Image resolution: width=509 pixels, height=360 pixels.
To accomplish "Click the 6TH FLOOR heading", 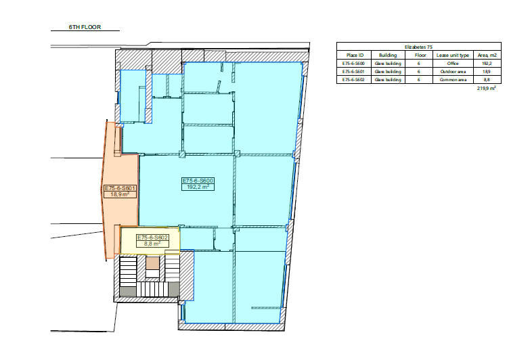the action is pyautogui.click(x=85, y=27).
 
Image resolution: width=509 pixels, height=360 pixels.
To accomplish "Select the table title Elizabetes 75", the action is pyautogui.click(x=418, y=47).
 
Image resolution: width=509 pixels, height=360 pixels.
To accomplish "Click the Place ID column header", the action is pyautogui.click(x=355, y=55).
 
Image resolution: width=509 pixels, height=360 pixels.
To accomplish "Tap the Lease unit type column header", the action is pyautogui.click(x=453, y=55).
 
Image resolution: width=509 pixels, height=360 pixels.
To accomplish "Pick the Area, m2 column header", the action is pyautogui.click(x=487, y=55).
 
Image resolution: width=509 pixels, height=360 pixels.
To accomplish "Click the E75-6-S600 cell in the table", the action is pyautogui.click(x=353, y=64).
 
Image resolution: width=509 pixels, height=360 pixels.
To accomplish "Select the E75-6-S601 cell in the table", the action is pyautogui.click(x=353, y=72).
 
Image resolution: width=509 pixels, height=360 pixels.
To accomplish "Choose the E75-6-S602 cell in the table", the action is pyautogui.click(x=353, y=80).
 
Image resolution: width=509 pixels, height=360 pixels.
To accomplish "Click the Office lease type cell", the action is pyautogui.click(x=453, y=64).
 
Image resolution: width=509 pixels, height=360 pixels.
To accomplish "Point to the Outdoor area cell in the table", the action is pyautogui.click(x=453, y=72).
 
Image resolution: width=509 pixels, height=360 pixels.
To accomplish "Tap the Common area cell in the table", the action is pyautogui.click(x=453, y=80).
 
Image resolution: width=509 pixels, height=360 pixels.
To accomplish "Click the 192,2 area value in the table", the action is pyautogui.click(x=487, y=64).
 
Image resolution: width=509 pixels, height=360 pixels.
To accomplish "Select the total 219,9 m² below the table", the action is pyautogui.click(x=486, y=88).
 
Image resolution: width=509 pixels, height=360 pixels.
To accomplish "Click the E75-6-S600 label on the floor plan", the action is pyautogui.click(x=198, y=181).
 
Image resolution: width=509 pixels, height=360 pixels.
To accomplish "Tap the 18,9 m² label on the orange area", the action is pyautogui.click(x=120, y=194).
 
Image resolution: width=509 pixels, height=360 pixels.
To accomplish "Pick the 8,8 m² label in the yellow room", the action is pyautogui.click(x=152, y=244).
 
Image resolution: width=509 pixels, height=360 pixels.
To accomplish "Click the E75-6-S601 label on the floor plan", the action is pyautogui.click(x=120, y=188).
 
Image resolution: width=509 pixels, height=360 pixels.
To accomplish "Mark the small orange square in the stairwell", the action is pyautogui.click(x=152, y=263).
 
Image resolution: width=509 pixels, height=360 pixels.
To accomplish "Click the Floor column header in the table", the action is pyautogui.click(x=420, y=55).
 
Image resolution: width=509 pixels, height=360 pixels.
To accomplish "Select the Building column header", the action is pyautogui.click(x=388, y=55).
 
